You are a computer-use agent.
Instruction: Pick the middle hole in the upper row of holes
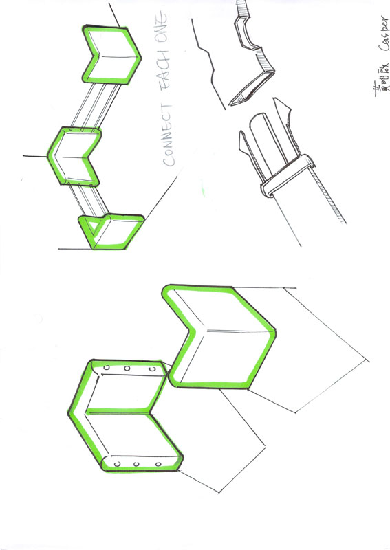pos(128,370)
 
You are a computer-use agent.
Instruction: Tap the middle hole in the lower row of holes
pos(136,465)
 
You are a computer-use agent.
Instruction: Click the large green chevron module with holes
pos(124,416)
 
